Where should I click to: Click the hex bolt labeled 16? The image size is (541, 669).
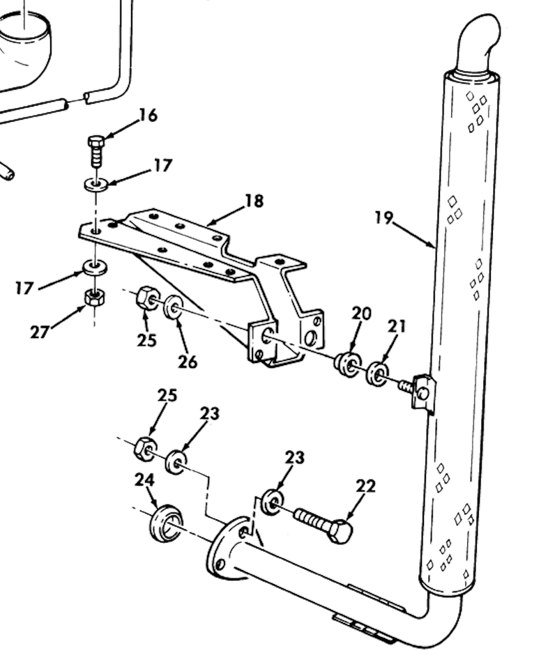pos(96,150)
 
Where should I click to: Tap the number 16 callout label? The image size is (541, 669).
pos(148,115)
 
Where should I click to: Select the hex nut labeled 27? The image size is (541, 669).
pos(94,298)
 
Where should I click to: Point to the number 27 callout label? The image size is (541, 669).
pos(40,332)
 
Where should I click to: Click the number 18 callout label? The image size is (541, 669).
pos(254,201)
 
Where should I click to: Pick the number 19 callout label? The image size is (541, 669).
pos(383,218)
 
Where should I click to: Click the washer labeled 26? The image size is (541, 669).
pos(173,306)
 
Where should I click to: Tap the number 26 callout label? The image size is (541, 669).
pos(187,362)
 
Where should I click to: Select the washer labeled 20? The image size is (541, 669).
pos(346,364)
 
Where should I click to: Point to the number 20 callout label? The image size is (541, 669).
pos(361,314)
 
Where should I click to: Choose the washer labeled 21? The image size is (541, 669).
pos(378,373)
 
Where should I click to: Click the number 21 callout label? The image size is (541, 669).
pos(397,326)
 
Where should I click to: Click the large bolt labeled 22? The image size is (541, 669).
pos(323,525)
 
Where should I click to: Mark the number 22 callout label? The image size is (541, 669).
pos(365,486)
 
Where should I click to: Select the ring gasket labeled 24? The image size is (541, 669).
pos(166,523)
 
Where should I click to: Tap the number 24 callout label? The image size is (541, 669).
pos(144,480)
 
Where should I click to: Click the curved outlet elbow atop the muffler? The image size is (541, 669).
pos(479,41)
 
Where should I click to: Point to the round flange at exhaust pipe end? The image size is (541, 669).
pos(227,548)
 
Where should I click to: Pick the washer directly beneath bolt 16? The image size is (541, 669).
pos(96,185)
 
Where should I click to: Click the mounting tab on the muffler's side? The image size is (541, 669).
pos(422,392)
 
